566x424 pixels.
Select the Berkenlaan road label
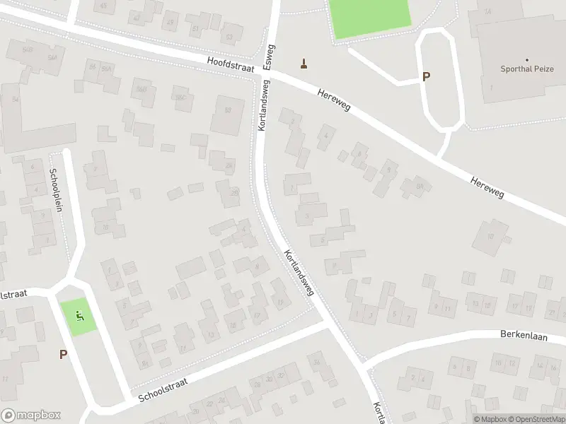point(525,334)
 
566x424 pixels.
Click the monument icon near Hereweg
point(305,64)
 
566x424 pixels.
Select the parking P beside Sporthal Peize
point(426,77)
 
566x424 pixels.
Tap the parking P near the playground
point(63,355)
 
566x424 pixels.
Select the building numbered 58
point(228,110)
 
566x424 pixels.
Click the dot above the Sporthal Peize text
point(527,60)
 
